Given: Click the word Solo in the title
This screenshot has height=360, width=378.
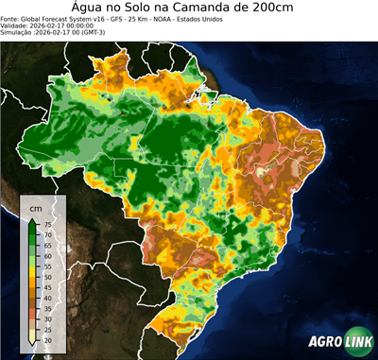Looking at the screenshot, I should click(x=142, y=9).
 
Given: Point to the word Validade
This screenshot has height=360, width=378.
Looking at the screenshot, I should click(x=17, y=26).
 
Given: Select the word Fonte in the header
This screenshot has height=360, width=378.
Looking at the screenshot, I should click(x=11, y=18).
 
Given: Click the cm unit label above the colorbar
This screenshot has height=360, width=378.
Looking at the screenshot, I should click(x=36, y=207).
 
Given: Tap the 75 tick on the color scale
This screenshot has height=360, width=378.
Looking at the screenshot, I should click(x=46, y=224).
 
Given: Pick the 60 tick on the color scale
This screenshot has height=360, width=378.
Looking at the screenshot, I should click(x=46, y=255).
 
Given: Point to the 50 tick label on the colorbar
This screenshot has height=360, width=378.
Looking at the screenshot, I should click(x=46, y=277).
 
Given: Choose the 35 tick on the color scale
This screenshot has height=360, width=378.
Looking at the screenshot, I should click(x=46, y=308).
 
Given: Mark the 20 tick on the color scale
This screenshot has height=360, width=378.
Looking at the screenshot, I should click(x=46, y=339).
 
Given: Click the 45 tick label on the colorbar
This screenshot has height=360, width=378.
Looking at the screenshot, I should click(x=46, y=287).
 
